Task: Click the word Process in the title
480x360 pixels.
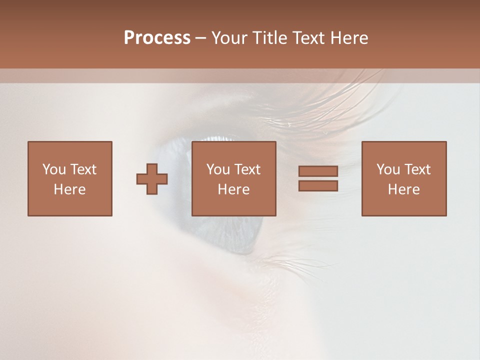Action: (157, 38)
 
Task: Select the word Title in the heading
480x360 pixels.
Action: (269, 38)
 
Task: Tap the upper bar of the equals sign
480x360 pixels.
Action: (318, 171)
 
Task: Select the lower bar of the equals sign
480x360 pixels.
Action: (318, 186)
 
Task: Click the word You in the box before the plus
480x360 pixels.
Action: (53, 169)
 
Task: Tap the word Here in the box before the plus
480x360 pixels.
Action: (69, 189)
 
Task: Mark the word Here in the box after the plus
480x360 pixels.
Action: (233, 189)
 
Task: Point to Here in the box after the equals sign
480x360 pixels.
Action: (403, 189)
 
